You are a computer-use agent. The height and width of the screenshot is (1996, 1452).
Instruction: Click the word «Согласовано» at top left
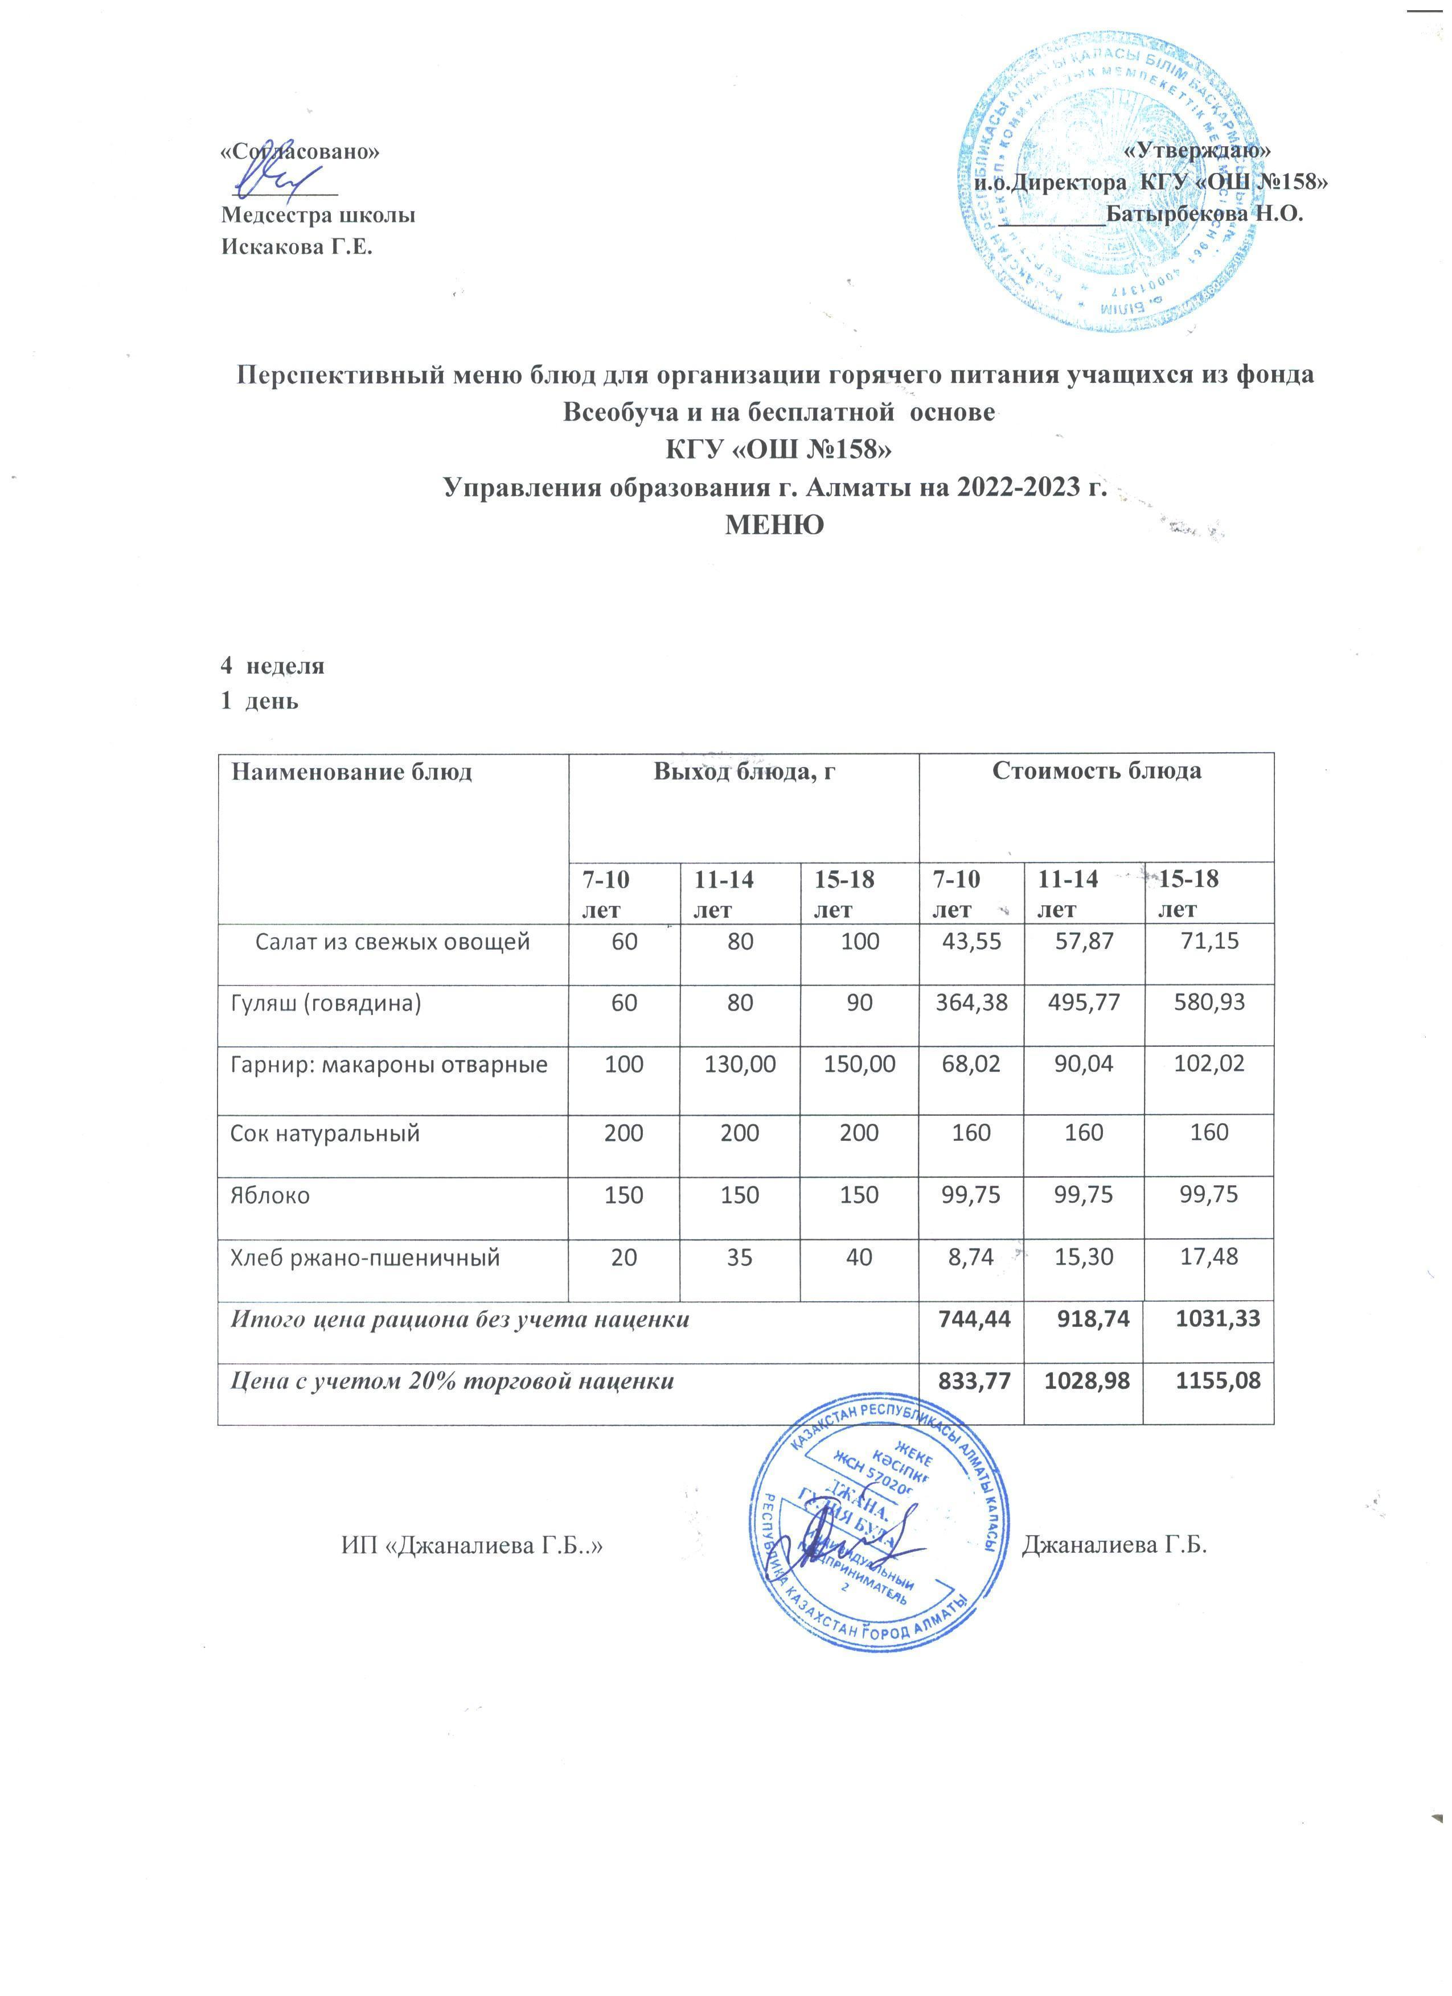[300, 150]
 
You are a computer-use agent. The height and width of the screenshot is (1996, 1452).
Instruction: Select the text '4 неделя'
[272, 665]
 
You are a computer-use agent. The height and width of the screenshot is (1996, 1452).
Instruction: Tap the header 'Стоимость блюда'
[1096, 771]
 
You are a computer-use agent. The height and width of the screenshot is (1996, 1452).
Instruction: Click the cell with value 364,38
[971, 1003]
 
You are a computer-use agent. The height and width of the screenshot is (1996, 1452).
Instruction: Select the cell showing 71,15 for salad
[1208, 941]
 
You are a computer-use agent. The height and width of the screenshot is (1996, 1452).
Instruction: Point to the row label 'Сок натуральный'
[325, 1133]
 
